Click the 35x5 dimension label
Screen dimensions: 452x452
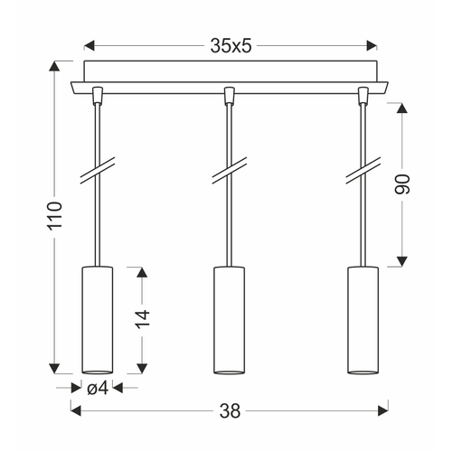click(x=231, y=46)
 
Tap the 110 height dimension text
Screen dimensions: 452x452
click(x=55, y=215)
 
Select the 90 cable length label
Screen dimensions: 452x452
click(x=402, y=184)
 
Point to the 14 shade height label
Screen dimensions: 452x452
click(x=142, y=319)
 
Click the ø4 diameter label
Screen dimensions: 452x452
click(x=98, y=389)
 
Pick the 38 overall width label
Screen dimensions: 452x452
click(x=231, y=410)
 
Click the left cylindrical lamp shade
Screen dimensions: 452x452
click(x=98, y=320)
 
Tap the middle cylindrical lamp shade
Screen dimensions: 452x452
click(x=230, y=320)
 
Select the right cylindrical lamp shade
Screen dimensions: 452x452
click(x=363, y=320)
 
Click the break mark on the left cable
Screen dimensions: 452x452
click(x=98, y=171)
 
